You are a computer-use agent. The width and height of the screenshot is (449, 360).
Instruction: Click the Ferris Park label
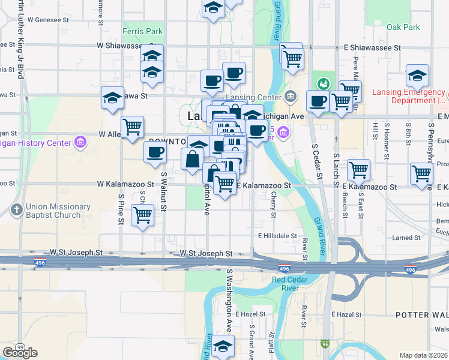(142, 31)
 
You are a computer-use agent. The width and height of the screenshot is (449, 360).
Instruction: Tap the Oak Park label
(403, 27)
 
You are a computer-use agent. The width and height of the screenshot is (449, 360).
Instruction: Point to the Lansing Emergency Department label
(408, 96)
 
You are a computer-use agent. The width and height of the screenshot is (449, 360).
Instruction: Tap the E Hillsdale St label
(277, 236)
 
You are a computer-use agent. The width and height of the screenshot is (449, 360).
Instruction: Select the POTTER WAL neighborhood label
(421, 315)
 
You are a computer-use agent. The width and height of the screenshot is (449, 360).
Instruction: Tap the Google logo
(20, 353)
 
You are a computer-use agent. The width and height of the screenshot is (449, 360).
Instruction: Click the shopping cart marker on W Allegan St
(132, 127)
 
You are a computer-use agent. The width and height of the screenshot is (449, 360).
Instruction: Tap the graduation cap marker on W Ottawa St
(112, 98)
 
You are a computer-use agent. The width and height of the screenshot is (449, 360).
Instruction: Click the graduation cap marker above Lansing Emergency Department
(417, 76)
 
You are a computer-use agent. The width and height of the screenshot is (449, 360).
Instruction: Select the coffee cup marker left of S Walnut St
(155, 151)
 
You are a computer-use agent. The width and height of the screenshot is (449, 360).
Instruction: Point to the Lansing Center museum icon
(291, 96)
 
